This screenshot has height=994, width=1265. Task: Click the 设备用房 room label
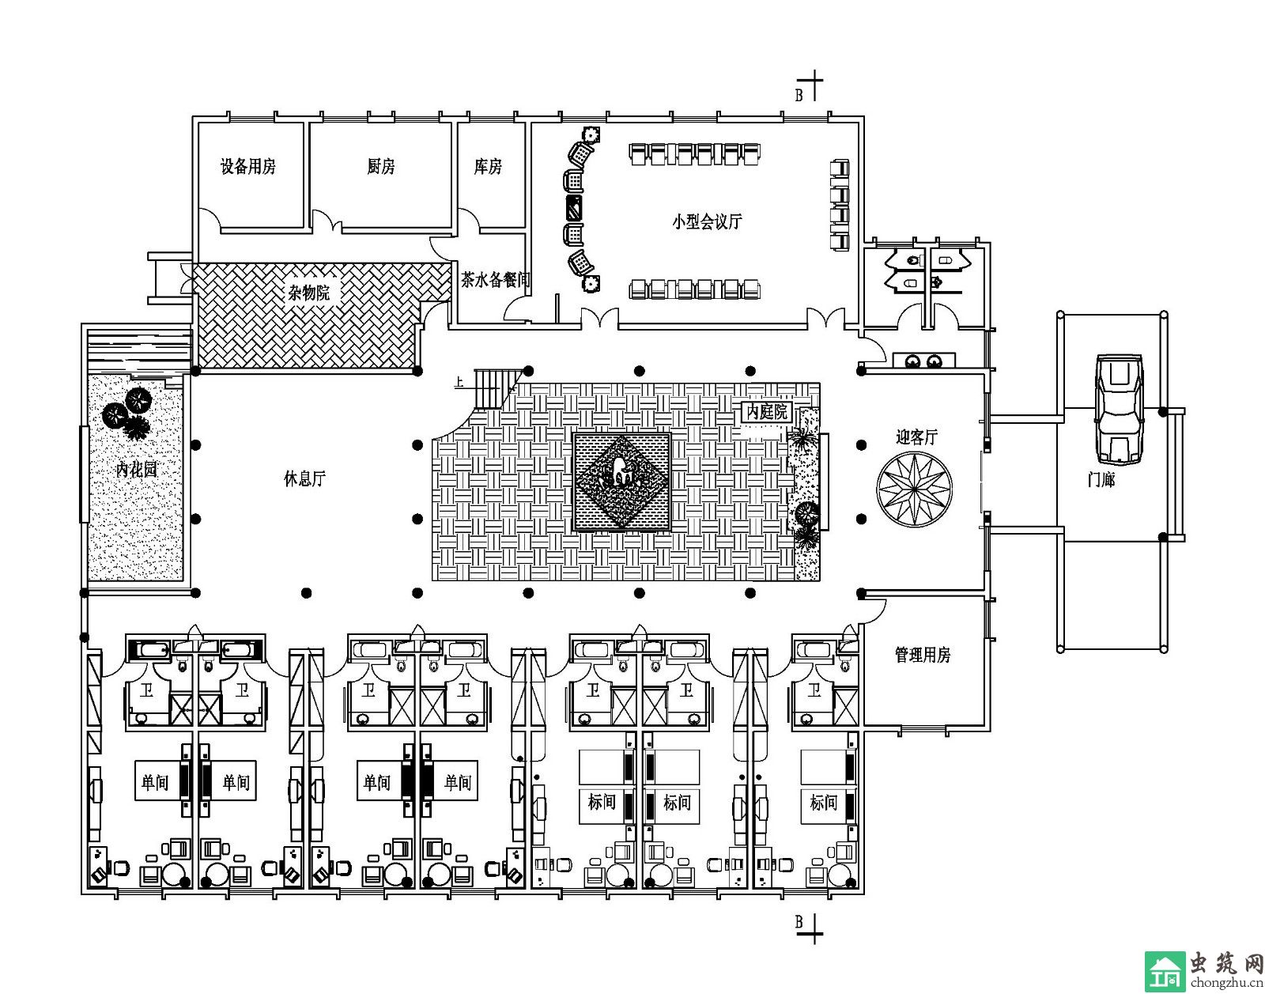(247, 167)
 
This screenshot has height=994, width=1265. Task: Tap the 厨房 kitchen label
(381, 167)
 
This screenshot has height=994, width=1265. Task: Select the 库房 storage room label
(488, 167)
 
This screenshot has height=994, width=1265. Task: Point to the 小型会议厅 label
(707, 221)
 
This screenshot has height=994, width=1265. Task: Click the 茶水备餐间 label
(495, 280)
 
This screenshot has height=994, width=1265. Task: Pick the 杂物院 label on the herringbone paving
(308, 293)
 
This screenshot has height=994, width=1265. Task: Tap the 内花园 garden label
(137, 470)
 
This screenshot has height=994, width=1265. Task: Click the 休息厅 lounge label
(304, 478)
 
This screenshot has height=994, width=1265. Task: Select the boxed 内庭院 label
(768, 412)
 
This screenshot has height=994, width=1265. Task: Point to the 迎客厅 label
(916, 437)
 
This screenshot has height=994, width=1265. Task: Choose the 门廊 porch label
(1101, 479)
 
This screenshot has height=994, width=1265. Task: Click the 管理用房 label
(922, 655)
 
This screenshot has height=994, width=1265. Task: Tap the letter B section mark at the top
(799, 96)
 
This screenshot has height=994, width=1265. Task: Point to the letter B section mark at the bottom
(799, 922)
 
